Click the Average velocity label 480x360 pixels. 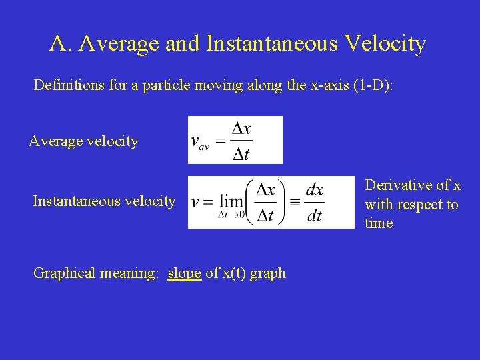tap(83, 141)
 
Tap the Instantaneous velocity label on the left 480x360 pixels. tap(104, 201)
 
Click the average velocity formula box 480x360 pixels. tap(235, 140)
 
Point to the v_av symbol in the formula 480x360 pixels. tap(199, 142)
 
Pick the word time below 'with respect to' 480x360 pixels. tap(379, 223)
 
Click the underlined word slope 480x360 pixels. tap(185, 273)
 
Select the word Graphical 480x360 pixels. tap(64, 273)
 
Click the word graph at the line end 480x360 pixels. tap(269, 274)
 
